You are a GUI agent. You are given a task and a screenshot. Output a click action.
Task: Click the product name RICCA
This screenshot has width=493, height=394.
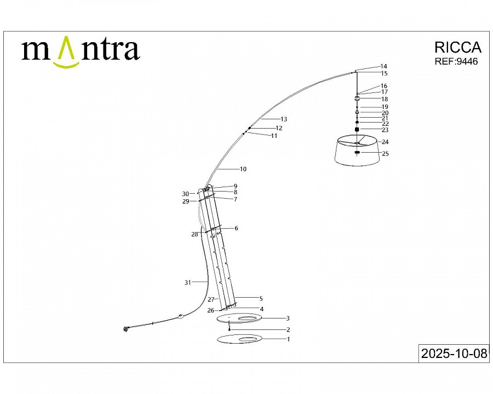pyautogui.click(x=457, y=48)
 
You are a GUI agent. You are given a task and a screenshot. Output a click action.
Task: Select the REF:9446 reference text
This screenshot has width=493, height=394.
pyautogui.click(x=456, y=62)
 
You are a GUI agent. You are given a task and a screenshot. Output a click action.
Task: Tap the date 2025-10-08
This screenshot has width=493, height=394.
pyautogui.click(x=453, y=354)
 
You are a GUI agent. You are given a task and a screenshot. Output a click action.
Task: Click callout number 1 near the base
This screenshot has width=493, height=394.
pyautogui.click(x=288, y=339)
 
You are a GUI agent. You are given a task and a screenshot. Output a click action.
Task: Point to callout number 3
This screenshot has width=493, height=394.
pyautogui.click(x=288, y=318)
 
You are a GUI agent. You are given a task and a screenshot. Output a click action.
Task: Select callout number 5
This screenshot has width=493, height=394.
pyautogui.click(x=261, y=299)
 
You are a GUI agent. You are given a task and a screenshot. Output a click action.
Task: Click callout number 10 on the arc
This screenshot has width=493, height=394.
pyautogui.click(x=243, y=169)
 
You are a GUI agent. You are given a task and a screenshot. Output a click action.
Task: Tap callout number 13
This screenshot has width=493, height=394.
pyautogui.click(x=284, y=119)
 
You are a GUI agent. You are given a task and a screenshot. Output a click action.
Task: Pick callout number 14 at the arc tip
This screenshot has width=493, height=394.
pyautogui.click(x=383, y=66)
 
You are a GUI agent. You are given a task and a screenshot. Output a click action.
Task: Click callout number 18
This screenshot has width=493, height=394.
pyautogui.click(x=385, y=99)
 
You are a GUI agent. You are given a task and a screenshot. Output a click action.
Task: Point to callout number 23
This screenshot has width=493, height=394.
pyautogui.click(x=385, y=130)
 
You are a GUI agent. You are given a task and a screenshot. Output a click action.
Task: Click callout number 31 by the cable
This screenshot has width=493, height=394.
pyautogui.click(x=188, y=282)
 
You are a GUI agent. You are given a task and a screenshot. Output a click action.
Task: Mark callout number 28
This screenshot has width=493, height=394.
pyautogui.click(x=194, y=234)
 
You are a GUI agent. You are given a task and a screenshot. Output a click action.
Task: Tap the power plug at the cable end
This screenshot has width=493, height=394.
pyautogui.click(x=126, y=329)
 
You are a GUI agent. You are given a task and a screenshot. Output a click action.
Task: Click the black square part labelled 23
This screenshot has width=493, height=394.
pyautogui.click(x=357, y=130)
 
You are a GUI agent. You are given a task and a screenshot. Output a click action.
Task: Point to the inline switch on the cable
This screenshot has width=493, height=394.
pyautogui.click(x=180, y=316)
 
